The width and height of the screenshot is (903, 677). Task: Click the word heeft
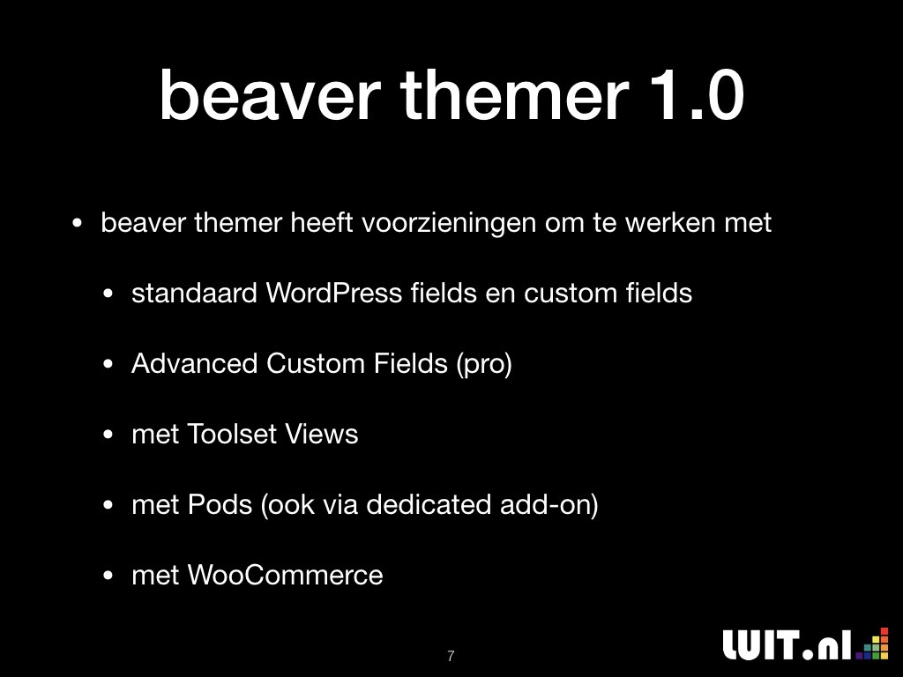(x=321, y=222)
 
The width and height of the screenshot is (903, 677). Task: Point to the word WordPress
(x=333, y=293)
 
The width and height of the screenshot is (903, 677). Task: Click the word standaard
(x=194, y=293)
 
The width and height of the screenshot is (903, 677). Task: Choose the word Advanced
(x=194, y=363)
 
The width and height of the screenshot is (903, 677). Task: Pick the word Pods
(x=220, y=504)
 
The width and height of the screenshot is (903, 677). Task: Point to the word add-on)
(x=549, y=505)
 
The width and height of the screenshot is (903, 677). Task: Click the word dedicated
(x=429, y=504)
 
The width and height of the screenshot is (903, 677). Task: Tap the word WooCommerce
(x=285, y=575)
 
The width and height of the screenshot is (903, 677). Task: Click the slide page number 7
(x=451, y=656)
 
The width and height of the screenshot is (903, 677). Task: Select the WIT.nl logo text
(x=787, y=644)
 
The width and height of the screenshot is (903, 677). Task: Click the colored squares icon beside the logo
(x=872, y=644)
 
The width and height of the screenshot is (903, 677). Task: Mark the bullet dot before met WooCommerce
(x=108, y=576)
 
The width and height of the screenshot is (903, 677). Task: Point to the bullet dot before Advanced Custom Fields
(x=108, y=364)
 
